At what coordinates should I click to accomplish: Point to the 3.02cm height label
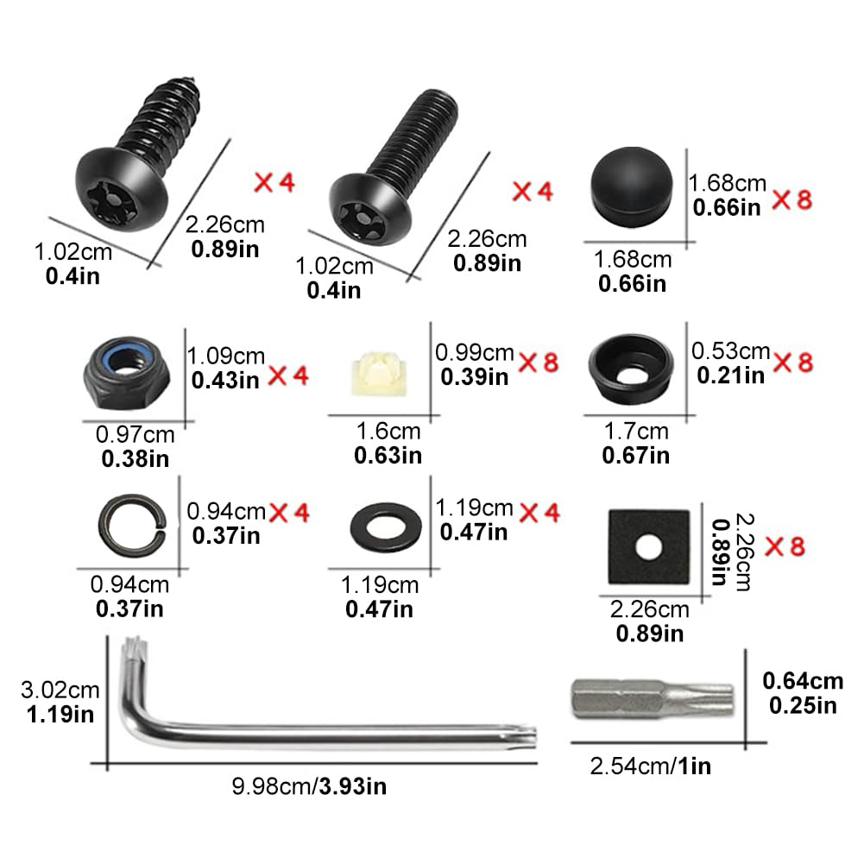pos(60,691)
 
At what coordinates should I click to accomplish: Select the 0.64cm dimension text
pos(802,681)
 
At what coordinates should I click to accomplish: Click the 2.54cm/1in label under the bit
pos(650,764)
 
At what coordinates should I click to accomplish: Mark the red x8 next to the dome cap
pos(791,199)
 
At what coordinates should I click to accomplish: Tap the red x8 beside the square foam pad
pos(785,546)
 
